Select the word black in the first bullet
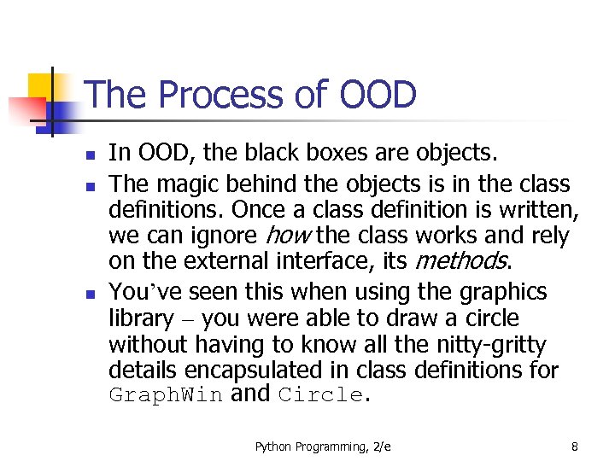(x=276, y=154)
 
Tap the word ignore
(x=217, y=236)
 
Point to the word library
(x=141, y=318)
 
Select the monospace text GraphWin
(x=166, y=396)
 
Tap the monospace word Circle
(x=320, y=396)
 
